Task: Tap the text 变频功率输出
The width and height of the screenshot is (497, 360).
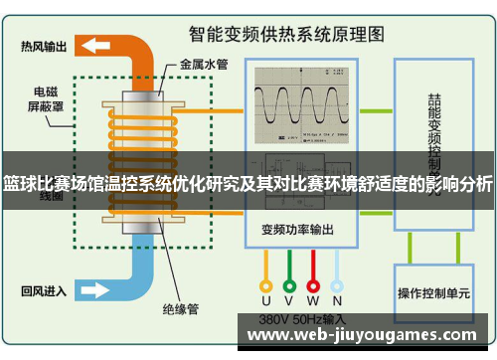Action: tap(298, 228)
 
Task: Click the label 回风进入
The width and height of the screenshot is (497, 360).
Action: tap(44, 291)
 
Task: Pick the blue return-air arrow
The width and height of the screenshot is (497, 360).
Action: tap(95, 290)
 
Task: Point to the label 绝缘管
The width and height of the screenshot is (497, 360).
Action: tap(179, 308)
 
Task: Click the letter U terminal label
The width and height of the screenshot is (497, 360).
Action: tap(265, 299)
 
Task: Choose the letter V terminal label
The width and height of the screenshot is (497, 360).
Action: tap(289, 299)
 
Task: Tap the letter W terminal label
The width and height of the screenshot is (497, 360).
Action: tap(313, 299)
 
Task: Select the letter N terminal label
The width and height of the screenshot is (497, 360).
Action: tap(337, 299)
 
